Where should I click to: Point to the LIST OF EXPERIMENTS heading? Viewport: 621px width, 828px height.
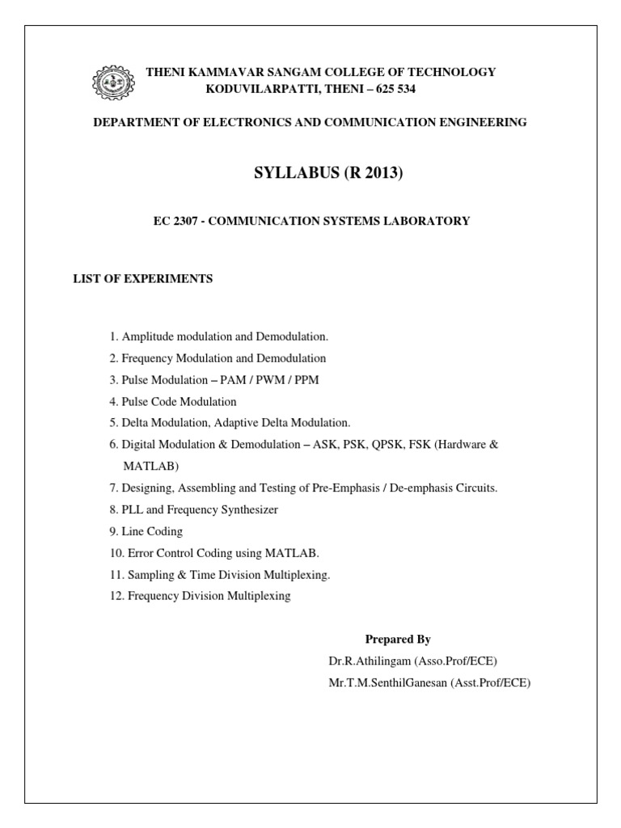click(143, 279)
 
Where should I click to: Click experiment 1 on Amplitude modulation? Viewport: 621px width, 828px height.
click(219, 336)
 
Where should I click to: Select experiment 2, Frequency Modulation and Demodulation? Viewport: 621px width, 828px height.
click(218, 357)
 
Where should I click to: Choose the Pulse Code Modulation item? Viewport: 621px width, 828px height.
click(172, 401)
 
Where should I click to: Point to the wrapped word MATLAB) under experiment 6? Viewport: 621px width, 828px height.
click(150, 467)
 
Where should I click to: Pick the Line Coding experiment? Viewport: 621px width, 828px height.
click(146, 532)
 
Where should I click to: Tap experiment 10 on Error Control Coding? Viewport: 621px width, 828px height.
click(214, 554)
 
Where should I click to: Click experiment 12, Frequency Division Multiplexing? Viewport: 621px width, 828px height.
click(199, 597)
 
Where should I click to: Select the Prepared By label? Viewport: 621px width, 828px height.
click(398, 640)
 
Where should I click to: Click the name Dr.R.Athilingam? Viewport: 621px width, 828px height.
click(369, 661)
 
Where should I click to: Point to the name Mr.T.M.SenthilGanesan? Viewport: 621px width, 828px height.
click(384, 683)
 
